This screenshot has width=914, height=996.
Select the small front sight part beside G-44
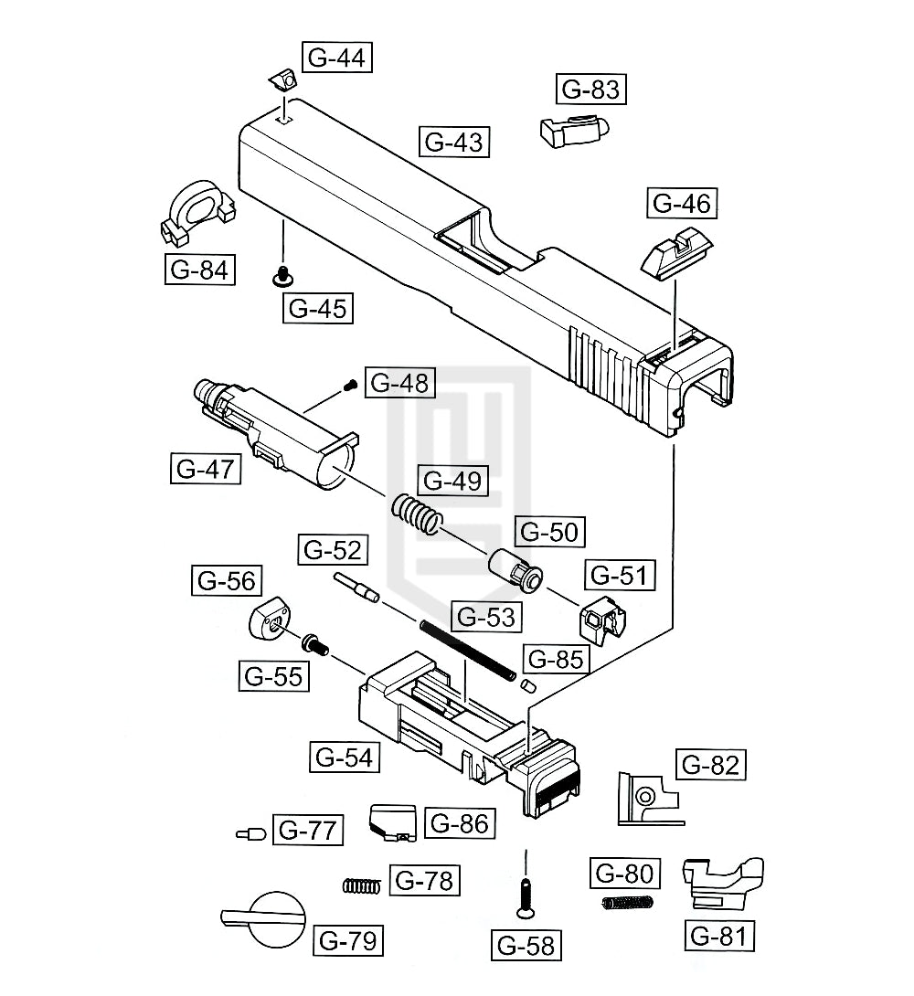tap(283, 80)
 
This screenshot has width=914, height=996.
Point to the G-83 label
tap(590, 90)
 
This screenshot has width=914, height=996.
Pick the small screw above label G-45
tap(284, 274)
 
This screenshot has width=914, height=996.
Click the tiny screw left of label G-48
tap(349, 387)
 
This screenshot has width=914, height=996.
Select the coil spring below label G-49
tap(418, 514)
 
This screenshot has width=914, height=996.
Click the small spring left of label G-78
tap(362, 884)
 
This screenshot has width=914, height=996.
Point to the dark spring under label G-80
tap(629, 903)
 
